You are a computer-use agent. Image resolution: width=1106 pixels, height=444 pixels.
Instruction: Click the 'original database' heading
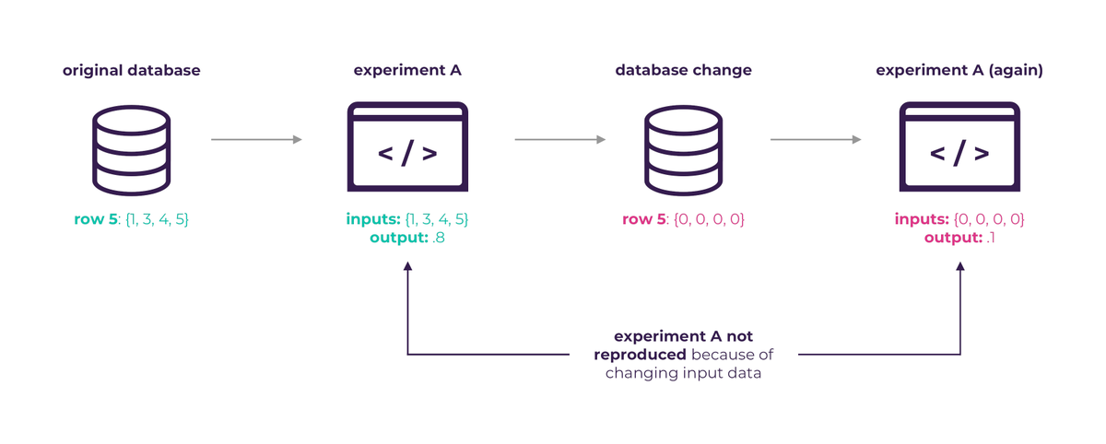(131, 70)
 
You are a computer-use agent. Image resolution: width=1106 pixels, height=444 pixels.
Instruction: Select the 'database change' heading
(683, 70)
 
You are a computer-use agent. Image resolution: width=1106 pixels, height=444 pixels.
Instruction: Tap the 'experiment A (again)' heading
(959, 70)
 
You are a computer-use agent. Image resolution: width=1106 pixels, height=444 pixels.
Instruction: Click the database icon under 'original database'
(132, 151)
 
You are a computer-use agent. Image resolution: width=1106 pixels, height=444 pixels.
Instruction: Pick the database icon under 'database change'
(683, 151)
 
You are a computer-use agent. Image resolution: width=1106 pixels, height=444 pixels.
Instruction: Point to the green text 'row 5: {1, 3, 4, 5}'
(131, 220)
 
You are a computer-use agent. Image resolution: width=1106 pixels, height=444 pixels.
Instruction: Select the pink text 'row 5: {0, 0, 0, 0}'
(683, 220)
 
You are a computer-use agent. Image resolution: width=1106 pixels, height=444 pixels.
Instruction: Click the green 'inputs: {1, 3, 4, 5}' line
(406, 220)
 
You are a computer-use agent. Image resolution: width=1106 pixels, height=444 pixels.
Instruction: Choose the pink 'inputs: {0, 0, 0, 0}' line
(959, 220)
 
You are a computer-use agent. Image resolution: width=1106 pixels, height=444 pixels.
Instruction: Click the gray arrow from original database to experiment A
(256, 140)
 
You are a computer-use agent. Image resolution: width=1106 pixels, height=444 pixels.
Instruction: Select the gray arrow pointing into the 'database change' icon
(559, 140)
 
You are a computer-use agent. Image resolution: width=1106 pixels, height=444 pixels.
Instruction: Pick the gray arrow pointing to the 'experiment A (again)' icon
(816, 140)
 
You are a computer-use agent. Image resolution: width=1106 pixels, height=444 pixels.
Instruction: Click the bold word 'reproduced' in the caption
(641, 355)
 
